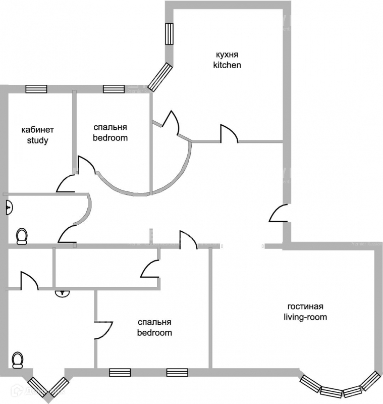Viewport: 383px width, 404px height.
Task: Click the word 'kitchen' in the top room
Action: coord(227,65)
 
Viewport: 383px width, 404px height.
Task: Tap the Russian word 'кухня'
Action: coord(227,55)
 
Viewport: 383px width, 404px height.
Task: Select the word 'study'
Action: coord(37,140)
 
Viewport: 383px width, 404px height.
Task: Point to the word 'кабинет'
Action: coord(37,130)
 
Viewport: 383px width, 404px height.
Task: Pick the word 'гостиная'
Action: coord(305,307)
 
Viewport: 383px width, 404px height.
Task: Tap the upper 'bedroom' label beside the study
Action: coord(110,137)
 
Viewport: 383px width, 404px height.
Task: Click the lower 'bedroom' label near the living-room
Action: coord(155,333)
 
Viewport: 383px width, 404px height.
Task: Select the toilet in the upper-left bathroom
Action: coord(22,236)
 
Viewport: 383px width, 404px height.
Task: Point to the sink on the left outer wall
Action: coord(9,207)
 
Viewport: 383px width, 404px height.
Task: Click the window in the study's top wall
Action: coord(36,89)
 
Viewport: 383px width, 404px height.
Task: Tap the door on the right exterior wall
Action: coord(279,213)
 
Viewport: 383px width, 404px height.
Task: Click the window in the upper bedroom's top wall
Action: coord(114,89)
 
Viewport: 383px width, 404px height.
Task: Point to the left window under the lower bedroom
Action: coord(120,373)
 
